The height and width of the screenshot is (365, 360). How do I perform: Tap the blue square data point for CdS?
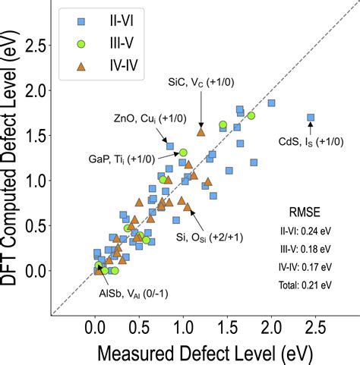[311, 118]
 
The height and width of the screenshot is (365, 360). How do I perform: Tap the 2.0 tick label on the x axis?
[271, 329]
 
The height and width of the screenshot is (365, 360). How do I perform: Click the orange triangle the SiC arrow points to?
[201, 131]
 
